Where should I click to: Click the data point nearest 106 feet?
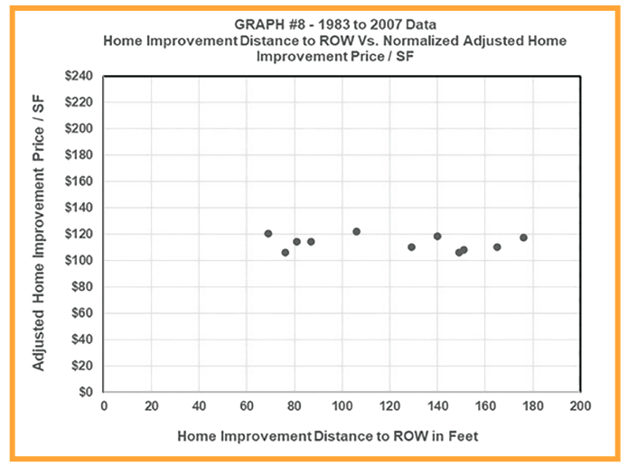[356, 231]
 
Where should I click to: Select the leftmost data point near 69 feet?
[268, 234]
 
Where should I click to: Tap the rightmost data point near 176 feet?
[523, 238]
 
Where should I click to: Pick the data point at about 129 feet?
[411, 247]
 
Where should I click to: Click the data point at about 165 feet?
[497, 247]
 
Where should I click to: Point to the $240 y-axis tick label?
[77, 76]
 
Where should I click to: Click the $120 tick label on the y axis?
[77, 234]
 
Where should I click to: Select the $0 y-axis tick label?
[84, 392]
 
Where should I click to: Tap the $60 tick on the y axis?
[80, 313]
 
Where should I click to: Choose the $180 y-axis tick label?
[77, 155]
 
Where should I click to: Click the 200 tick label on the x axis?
[580, 405]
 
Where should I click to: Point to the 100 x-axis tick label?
[342, 405]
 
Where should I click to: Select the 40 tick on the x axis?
[199, 405]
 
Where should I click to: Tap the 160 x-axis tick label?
[484, 405]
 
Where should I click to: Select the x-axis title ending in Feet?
[327, 435]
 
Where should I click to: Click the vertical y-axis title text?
[40, 235]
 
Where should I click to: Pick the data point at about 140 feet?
[437, 236]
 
